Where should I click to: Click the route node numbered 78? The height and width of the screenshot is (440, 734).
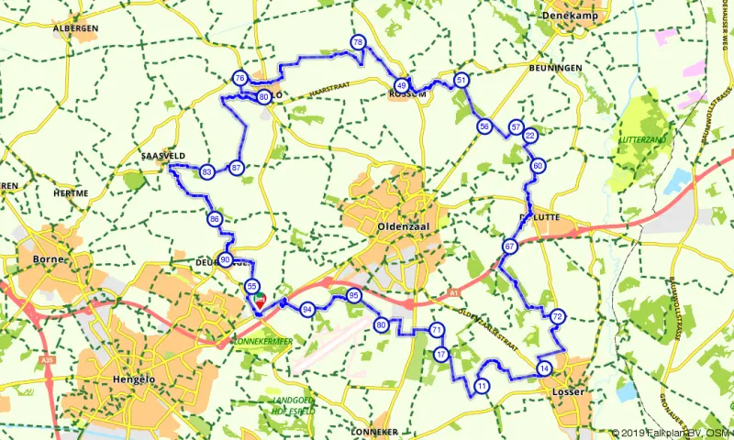point(358,43)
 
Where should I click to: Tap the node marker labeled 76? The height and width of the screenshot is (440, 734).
point(239,79)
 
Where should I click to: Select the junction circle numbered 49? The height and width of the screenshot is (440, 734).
point(401,85)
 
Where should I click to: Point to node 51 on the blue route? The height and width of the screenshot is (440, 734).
point(462,80)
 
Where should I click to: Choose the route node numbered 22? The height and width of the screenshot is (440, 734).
point(529,136)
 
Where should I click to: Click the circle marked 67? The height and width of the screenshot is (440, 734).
point(509,247)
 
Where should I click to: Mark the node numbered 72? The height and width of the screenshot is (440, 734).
point(557,317)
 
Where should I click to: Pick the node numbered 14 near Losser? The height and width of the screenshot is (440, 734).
point(544,369)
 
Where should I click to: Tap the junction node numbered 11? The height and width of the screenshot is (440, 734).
point(482,388)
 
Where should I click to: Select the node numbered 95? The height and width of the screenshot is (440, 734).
point(354,296)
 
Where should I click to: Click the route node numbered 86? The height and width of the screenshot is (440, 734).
point(214,219)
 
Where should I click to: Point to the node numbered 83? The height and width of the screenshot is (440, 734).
point(207,171)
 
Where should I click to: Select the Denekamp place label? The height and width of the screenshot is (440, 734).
point(589,16)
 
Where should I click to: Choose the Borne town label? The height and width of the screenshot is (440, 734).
point(46,259)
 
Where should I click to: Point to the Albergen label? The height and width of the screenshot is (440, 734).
point(75,28)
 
